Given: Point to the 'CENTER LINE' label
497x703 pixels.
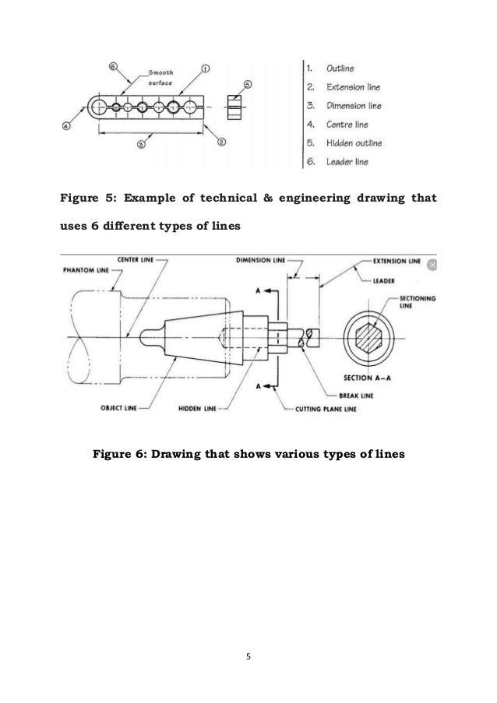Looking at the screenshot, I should (133, 260).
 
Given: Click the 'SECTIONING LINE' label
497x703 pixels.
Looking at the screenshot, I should (420, 302).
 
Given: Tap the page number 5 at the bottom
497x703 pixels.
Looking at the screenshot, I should (248, 656).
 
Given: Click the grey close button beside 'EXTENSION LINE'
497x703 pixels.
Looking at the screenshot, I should (433, 265).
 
